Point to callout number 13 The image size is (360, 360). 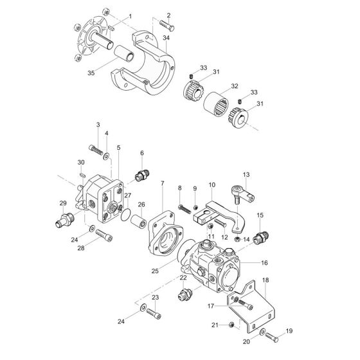point(246,174)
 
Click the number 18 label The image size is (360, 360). point(266,280)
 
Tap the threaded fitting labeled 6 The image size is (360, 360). point(141,175)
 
